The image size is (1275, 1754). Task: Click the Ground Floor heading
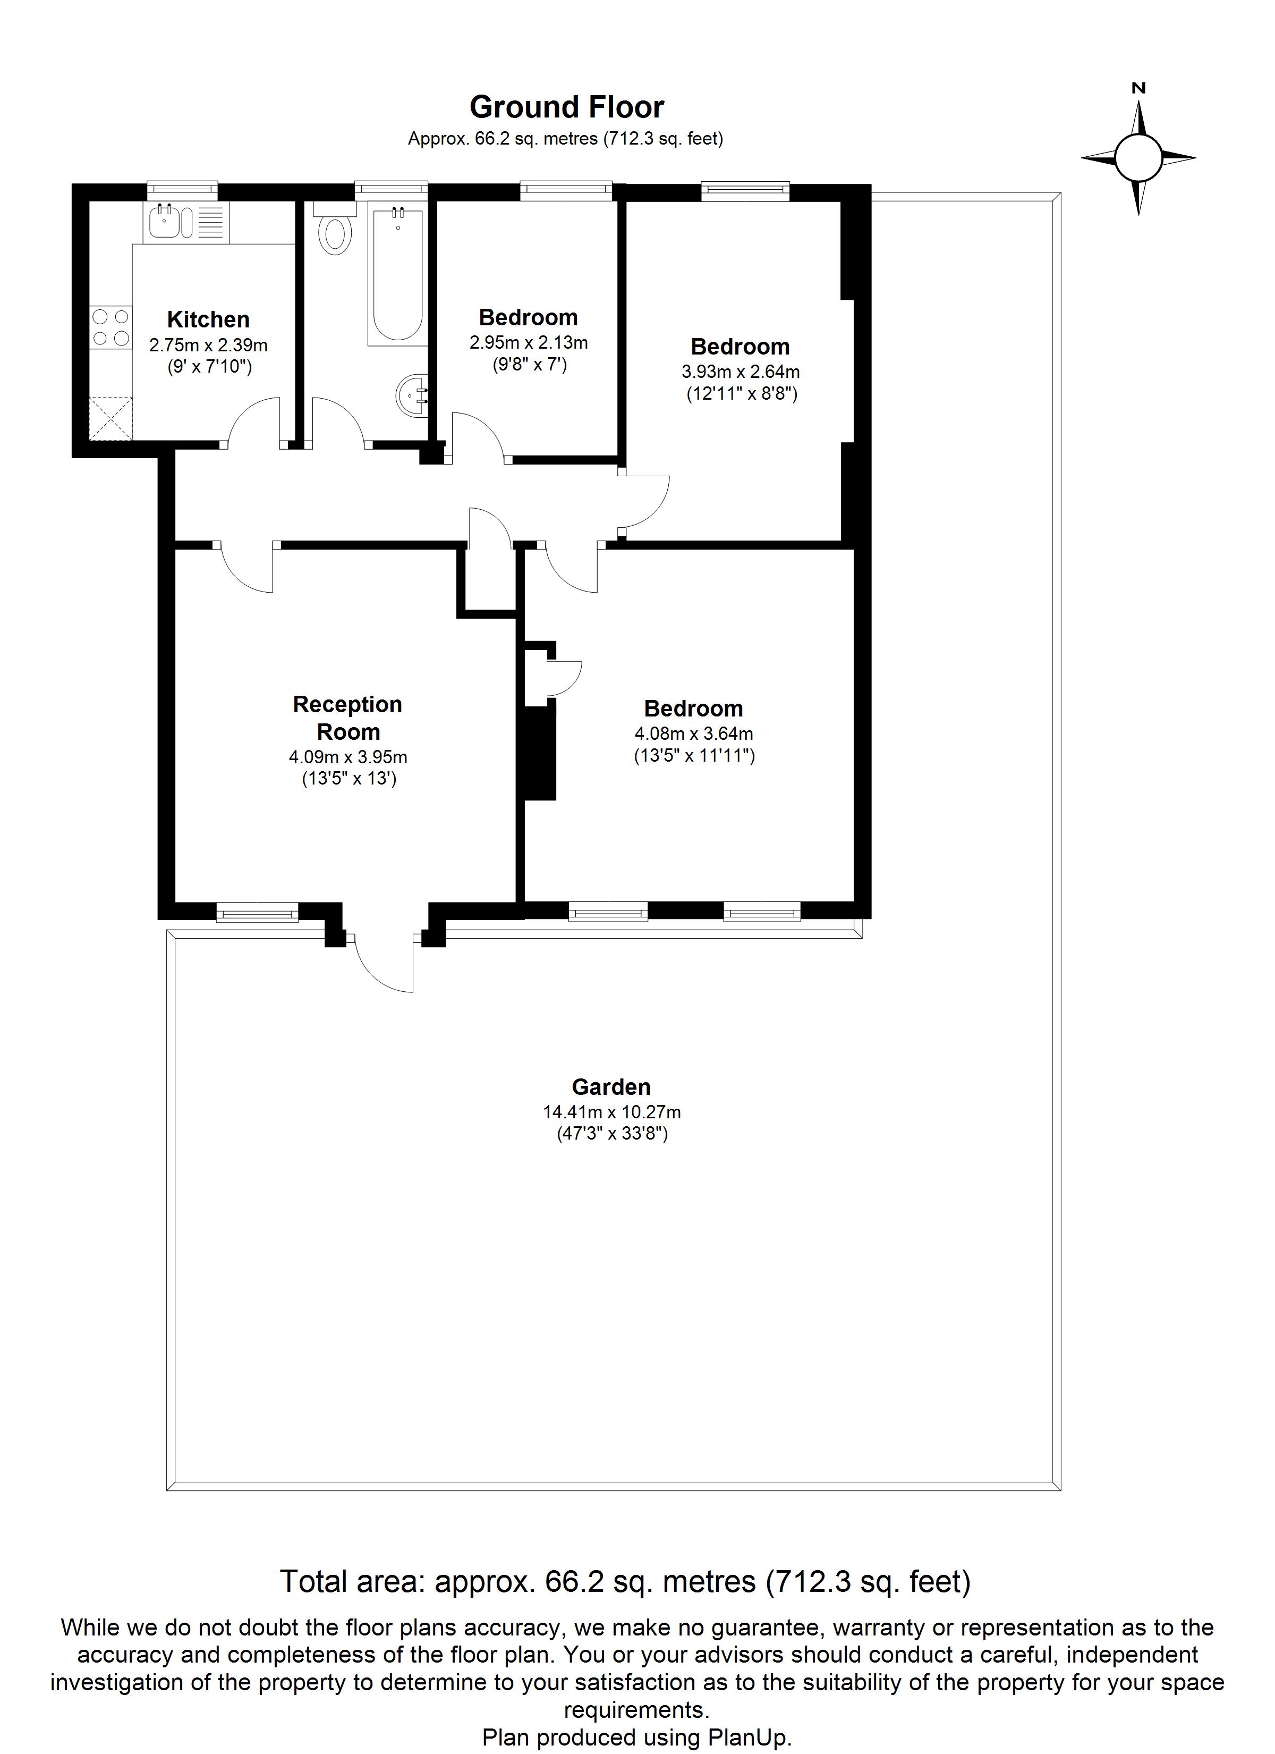567,107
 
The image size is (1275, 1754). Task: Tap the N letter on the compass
1138,88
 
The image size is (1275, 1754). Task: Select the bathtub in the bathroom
397,275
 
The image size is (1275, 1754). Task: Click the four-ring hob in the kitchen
110,327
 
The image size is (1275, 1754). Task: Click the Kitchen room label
208,319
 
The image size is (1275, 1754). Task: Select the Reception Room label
348,718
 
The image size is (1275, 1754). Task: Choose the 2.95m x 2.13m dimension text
529,342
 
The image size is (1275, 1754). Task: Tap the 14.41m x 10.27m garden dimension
611,1112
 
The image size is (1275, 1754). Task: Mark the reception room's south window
257,913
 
